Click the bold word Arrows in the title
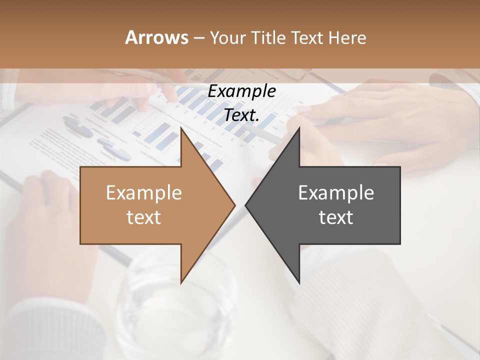[x=156, y=37]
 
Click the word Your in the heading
[x=228, y=37]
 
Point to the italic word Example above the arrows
[x=242, y=91]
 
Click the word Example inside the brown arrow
[x=144, y=193]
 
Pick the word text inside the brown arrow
[x=144, y=217]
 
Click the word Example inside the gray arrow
[x=336, y=193]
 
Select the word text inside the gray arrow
[x=336, y=217]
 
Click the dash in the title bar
[x=198, y=37]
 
